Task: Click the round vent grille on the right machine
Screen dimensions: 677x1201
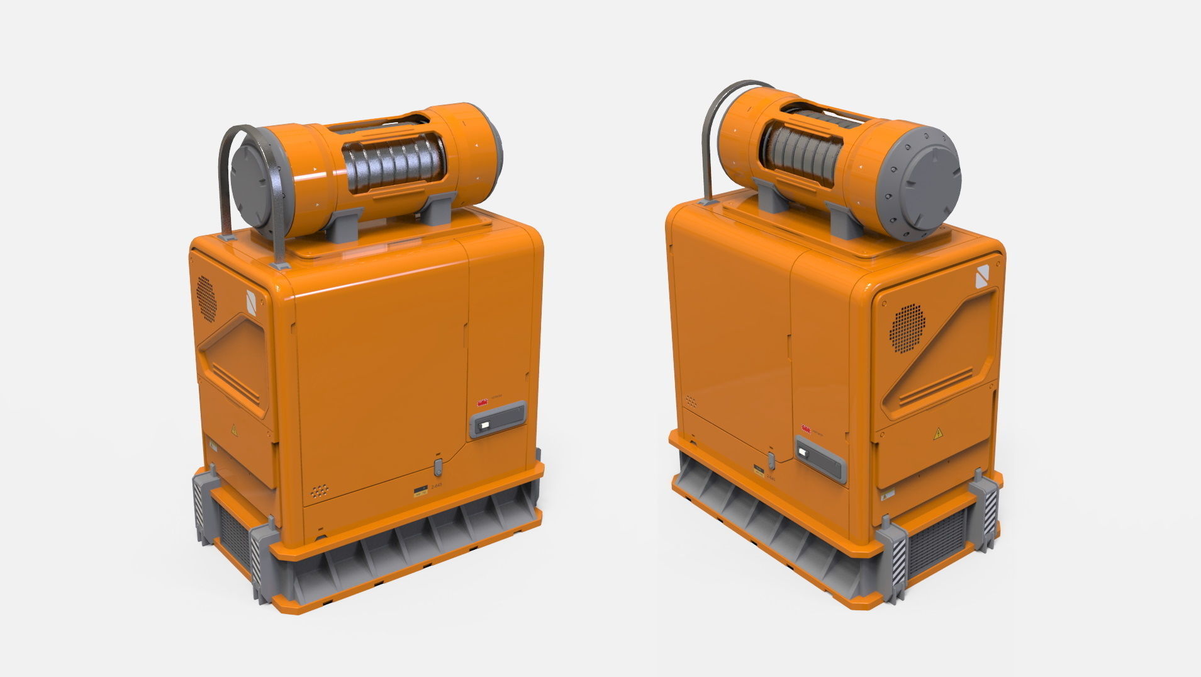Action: click(907, 328)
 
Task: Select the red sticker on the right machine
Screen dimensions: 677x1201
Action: click(805, 428)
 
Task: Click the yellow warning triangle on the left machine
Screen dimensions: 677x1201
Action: click(234, 430)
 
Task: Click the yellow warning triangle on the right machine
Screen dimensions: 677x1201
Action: click(938, 433)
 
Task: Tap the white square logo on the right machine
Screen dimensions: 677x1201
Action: click(982, 278)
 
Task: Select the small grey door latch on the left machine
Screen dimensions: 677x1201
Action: click(439, 467)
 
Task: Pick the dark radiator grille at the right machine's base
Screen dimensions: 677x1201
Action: click(936, 541)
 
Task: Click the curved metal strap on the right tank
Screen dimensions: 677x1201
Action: click(708, 139)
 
